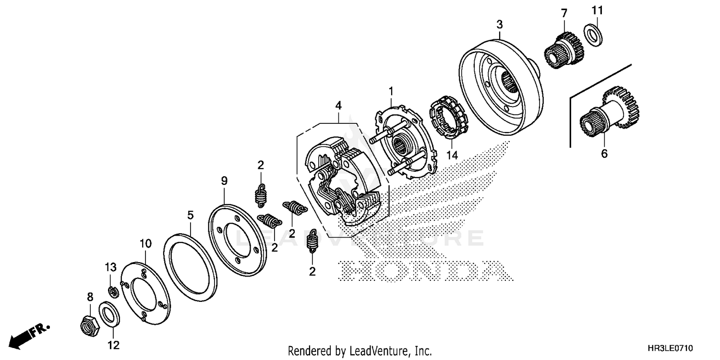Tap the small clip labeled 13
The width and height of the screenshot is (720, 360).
pyautogui.click(x=113, y=291)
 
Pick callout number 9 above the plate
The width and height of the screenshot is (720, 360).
pyautogui.click(x=224, y=181)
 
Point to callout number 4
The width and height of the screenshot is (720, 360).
pyautogui.click(x=339, y=105)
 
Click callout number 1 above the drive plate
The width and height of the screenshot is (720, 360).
pyautogui.click(x=391, y=91)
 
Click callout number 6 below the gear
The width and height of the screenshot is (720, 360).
pyautogui.click(x=604, y=154)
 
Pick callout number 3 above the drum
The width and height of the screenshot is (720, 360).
pyautogui.click(x=500, y=24)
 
